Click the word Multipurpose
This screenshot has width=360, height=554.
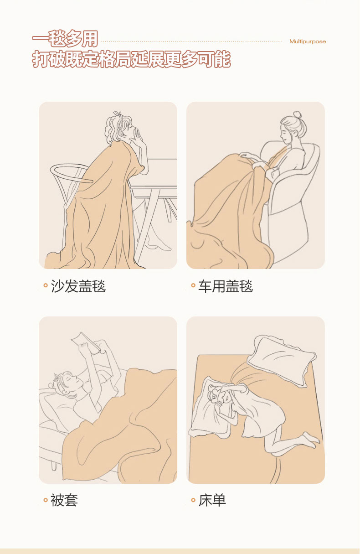point(308,41)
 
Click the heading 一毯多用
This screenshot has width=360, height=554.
point(65,39)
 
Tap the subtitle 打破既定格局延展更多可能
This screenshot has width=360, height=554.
point(131,59)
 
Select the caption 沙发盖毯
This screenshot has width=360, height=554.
point(78,286)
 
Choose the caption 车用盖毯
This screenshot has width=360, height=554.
point(226,286)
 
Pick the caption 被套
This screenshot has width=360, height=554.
point(64,500)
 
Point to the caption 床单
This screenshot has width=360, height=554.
point(212,500)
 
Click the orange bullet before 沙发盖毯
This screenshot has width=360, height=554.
point(46,285)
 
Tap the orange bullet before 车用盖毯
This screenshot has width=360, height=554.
point(193,285)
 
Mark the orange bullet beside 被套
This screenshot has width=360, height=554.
point(46,500)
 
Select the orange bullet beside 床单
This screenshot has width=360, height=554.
point(193,500)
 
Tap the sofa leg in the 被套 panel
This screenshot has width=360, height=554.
point(54,466)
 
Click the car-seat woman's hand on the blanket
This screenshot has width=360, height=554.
point(248,155)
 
